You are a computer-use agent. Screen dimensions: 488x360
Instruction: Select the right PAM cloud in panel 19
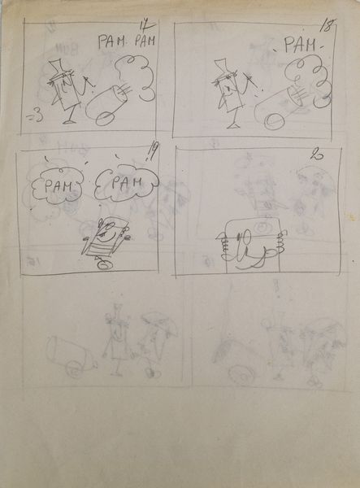tap(122, 184)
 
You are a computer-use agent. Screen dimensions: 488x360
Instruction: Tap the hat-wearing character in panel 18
tap(228, 92)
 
